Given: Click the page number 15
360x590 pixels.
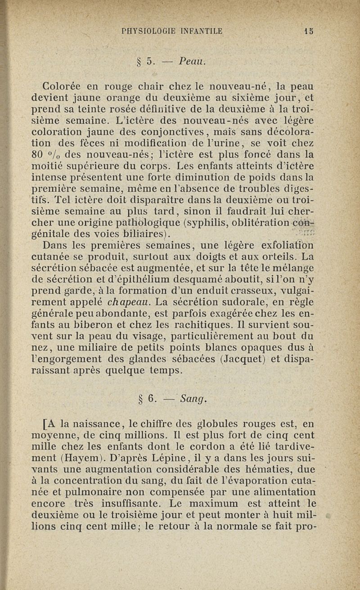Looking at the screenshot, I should click(309, 32).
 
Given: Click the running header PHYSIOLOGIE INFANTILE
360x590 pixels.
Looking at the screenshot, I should click(172, 32).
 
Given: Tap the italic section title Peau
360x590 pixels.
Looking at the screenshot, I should click(193, 60).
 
